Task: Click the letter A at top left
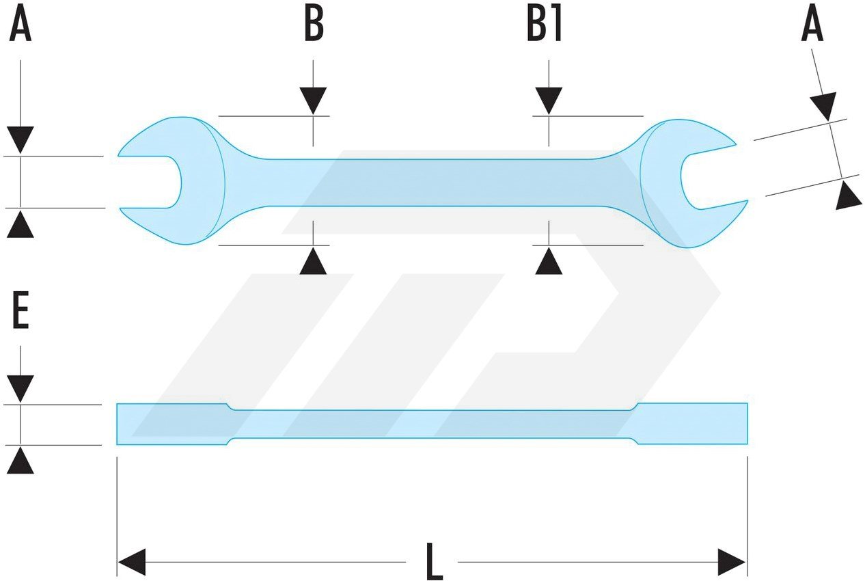pos(20,27)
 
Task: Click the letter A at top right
pos(812,27)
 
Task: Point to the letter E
pos(20,314)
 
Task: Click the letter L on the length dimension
pos(433,562)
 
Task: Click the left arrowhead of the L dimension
pos(132,562)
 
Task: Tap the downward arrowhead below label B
pos(314,100)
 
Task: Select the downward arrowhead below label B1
pos(549,100)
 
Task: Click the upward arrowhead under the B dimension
pos(314,262)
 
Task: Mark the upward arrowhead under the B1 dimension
pos(549,262)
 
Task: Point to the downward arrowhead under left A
pos(20,140)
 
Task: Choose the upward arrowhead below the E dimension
pos(20,461)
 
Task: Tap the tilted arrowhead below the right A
pos(848,195)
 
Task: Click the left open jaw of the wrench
pos(154,182)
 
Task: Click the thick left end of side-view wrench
pos(171,424)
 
